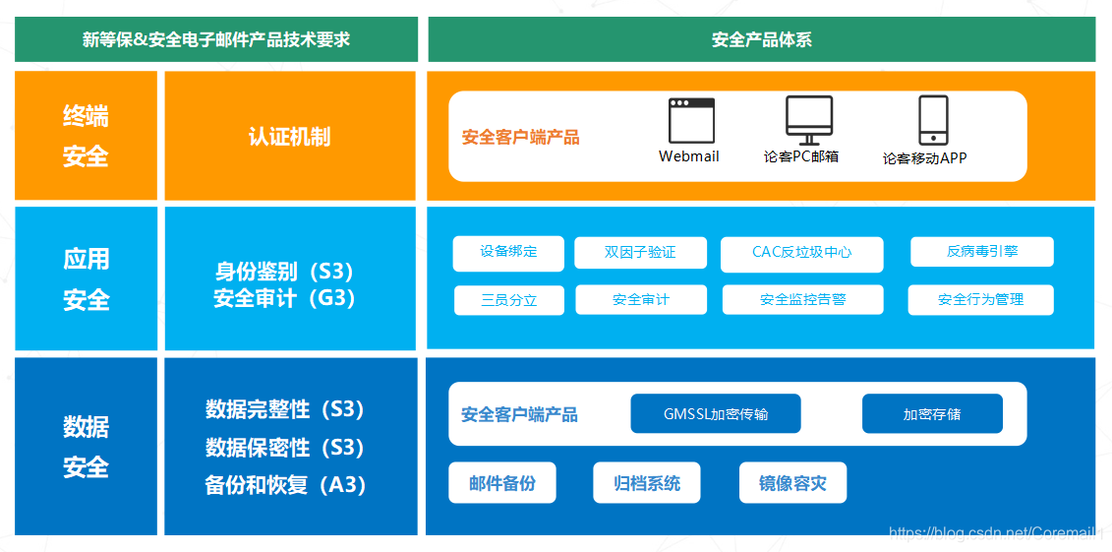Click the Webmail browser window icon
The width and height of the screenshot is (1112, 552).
691,121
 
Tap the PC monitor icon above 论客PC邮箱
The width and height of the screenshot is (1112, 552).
809,119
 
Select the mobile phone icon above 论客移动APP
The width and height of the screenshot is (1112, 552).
932,120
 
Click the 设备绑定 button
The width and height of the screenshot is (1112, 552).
508,252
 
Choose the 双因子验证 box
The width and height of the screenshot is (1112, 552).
640,253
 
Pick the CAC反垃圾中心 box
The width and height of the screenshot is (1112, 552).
801,253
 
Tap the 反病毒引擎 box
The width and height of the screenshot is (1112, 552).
981,252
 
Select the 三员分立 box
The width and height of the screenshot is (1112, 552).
508,300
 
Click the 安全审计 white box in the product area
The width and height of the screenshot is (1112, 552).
640,300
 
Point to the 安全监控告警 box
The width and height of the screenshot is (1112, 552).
802,300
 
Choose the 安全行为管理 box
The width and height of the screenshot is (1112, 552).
980,300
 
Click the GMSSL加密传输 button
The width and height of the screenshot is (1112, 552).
715,414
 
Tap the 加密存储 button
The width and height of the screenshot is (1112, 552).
932,414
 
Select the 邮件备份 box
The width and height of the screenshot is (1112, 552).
502,483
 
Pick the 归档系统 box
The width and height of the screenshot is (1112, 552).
646,483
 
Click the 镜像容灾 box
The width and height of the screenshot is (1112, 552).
792,483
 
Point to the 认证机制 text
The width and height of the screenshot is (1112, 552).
289,137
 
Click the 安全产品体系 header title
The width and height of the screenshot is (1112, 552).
762,40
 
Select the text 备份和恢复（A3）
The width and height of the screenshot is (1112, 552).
285,485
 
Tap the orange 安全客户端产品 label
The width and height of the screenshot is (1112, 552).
521,138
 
